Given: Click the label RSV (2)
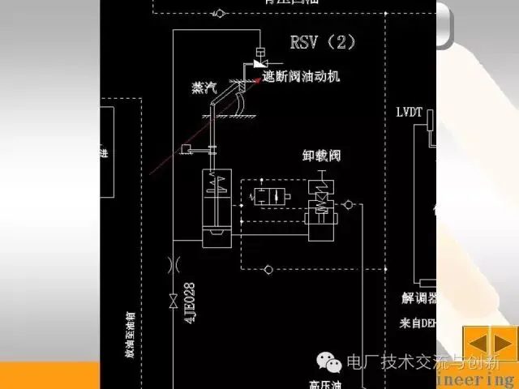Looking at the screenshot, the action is click(323, 41).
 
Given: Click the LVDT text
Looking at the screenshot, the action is click(410, 112).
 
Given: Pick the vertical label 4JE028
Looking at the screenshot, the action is click(190, 301).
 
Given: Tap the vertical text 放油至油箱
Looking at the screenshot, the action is click(129, 332).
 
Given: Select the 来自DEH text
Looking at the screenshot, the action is click(418, 323).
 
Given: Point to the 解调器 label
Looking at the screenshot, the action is click(420, 298).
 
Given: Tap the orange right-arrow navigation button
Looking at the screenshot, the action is click(505, 342).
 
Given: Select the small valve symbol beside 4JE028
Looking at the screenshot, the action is click(173, 301).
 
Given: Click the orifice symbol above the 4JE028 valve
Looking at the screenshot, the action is click(173, 263).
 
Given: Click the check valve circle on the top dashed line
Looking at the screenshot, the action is click(219, 13).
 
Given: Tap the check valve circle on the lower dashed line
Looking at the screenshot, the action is click(269, 267).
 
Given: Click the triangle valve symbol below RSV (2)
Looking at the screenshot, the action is click(259, 62).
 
